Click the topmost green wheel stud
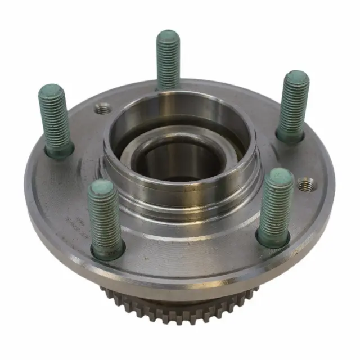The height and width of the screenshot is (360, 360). point(168,59)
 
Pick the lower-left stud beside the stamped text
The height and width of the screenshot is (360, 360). point(105,217)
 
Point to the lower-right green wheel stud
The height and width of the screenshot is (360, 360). point(276,205)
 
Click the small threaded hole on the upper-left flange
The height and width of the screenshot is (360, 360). point(101,109)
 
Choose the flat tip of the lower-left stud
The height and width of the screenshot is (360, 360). point(102,188)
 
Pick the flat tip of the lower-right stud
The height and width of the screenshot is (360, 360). point(279,177)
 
